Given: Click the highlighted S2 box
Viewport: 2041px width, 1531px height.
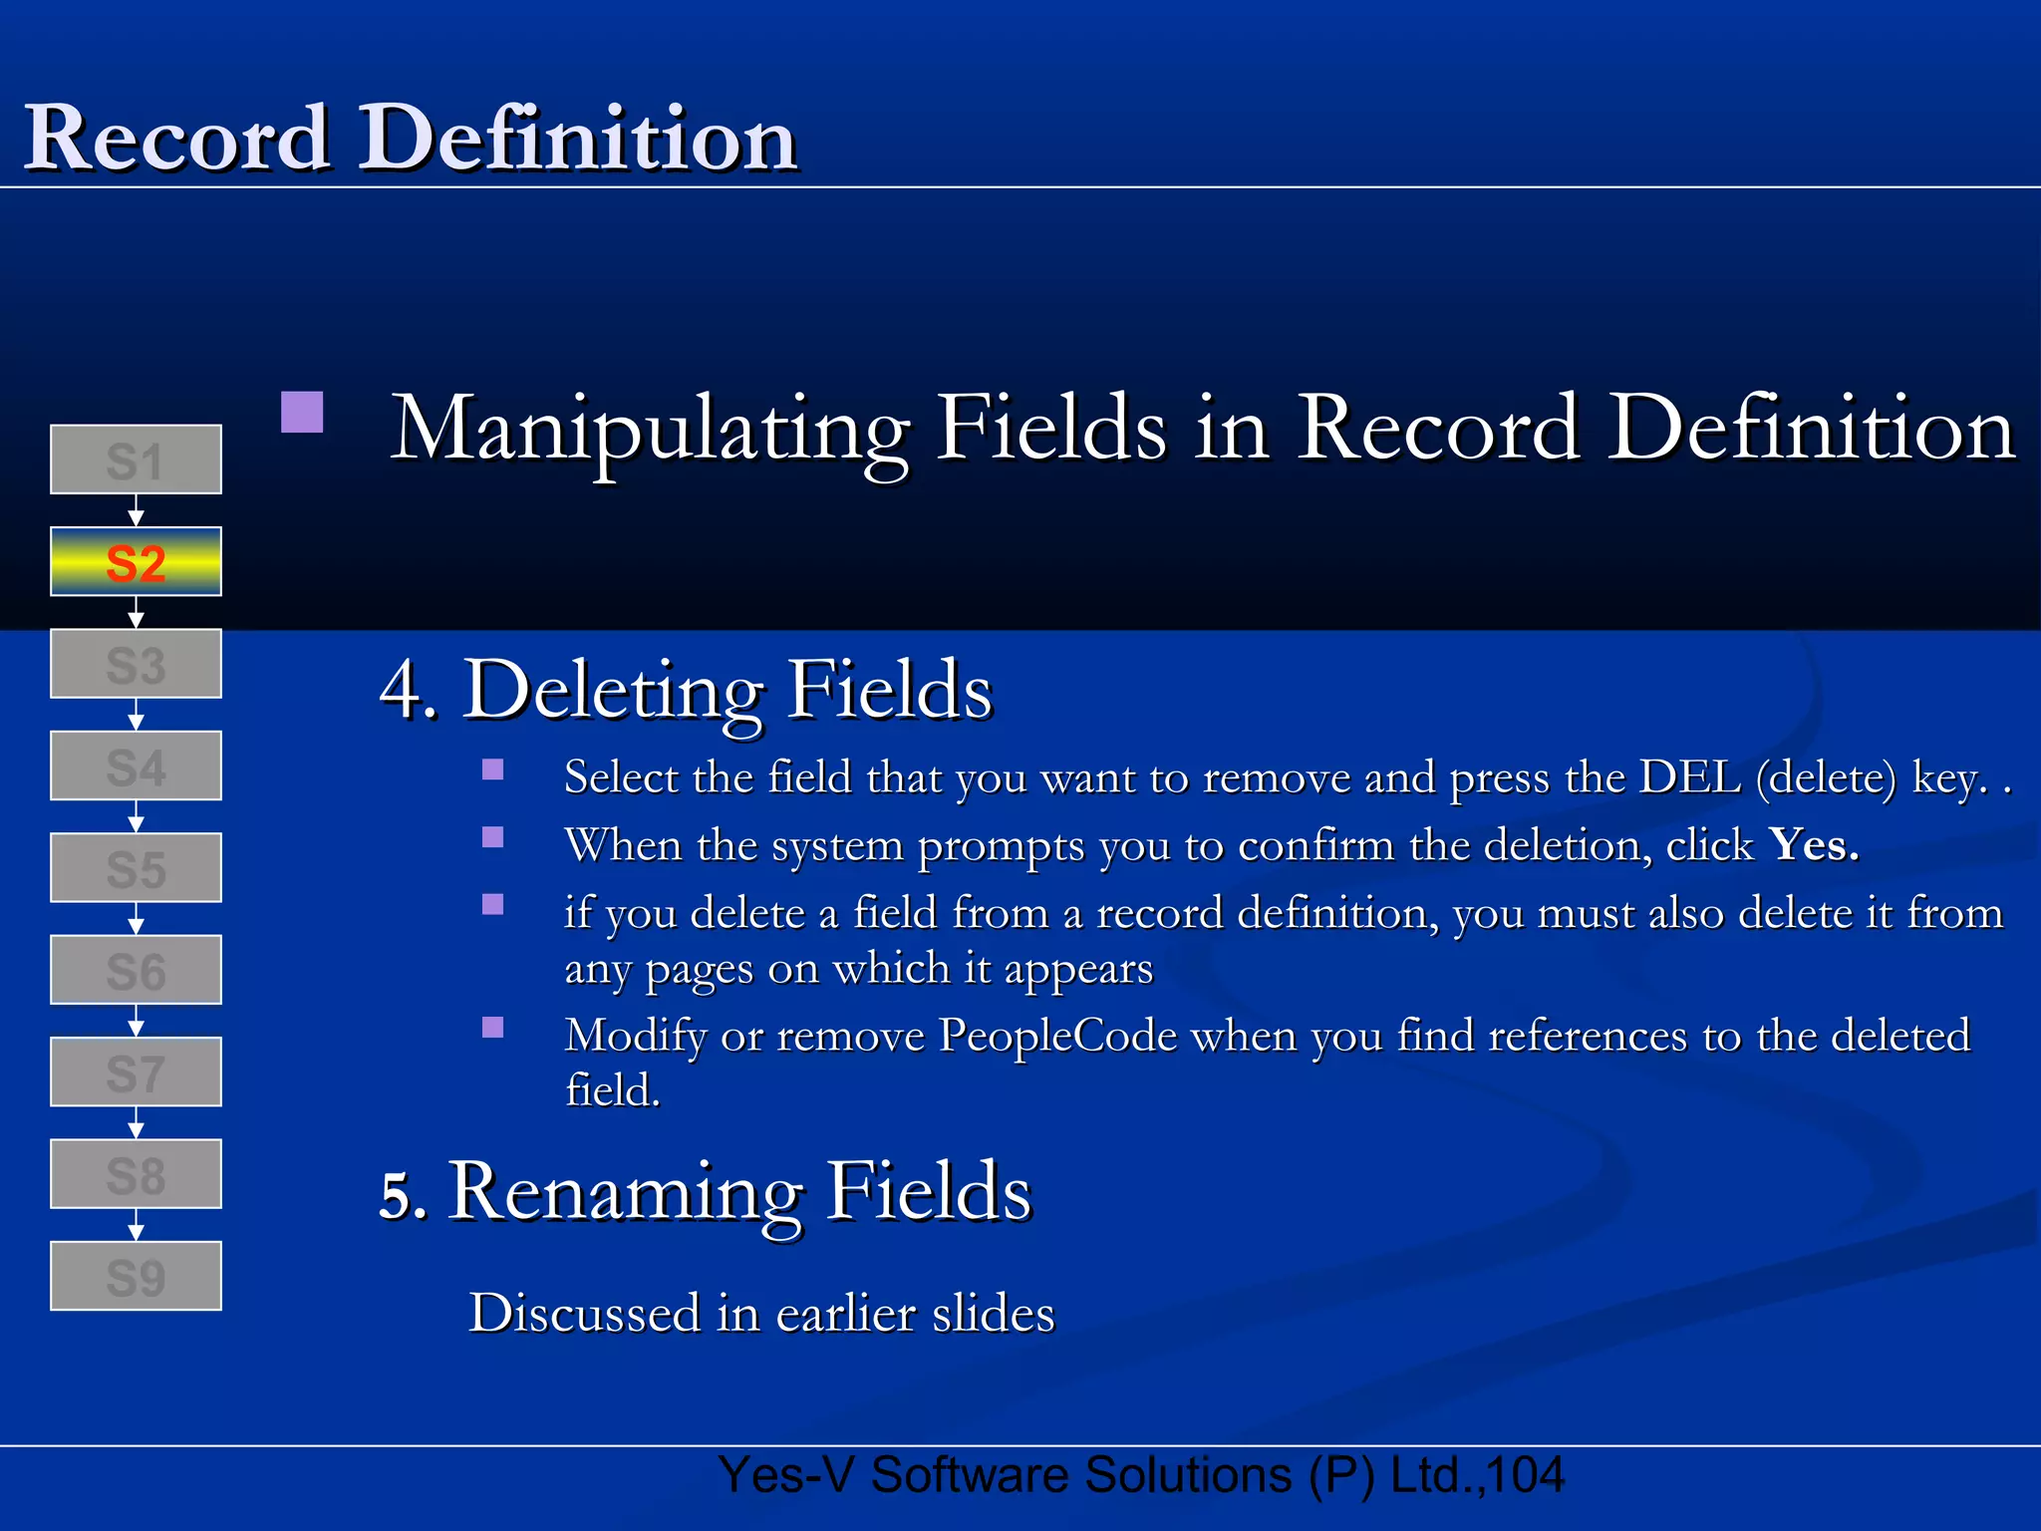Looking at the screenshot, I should point(136,562).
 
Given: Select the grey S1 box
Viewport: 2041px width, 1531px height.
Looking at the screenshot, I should point(136,459).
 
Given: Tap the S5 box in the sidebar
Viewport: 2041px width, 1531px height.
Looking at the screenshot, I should point(136,868).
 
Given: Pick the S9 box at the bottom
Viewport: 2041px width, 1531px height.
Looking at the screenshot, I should point(136,1276).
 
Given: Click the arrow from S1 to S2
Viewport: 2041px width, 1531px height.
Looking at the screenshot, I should point(136,511).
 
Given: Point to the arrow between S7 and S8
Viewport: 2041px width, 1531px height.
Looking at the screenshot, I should point(136,1123).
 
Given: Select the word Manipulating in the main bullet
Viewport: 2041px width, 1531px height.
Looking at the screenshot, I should point(649,430).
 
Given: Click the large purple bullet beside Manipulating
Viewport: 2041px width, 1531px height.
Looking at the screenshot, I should point(302,412).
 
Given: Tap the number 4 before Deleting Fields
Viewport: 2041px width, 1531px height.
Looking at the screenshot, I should point(402,690).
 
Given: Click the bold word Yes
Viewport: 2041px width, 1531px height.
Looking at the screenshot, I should point(1813,845).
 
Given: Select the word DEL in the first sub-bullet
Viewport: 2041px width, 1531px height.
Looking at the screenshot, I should point(1689,777).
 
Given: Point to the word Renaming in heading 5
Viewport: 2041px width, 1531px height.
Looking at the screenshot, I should point(627,1191).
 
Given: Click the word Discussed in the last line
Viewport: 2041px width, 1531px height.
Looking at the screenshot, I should point(584,1313).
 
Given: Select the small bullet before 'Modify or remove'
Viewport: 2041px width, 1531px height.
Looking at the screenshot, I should point(492,1028).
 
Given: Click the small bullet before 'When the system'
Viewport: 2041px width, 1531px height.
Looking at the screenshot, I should point(492,837).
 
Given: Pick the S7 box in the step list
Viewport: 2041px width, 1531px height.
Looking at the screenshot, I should point(136,1072).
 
